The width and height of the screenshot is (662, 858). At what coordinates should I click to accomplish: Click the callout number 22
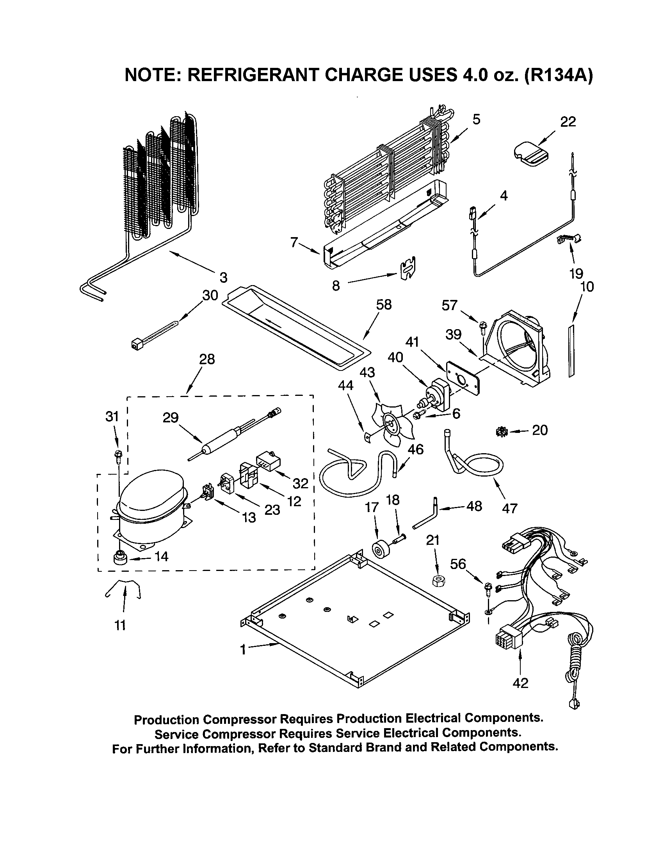coord(568,122)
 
